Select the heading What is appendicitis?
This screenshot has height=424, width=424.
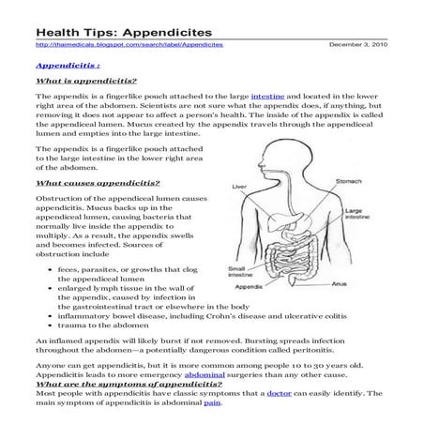point(85,83)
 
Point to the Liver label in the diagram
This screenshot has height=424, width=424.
point(239,187)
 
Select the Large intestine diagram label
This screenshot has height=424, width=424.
point(356,216)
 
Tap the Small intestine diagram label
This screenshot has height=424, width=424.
point(238,273)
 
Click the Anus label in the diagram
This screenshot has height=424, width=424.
point(341,281)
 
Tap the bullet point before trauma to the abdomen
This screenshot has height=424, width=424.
point(49,326)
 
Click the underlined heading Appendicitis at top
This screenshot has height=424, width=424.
point(66,67)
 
